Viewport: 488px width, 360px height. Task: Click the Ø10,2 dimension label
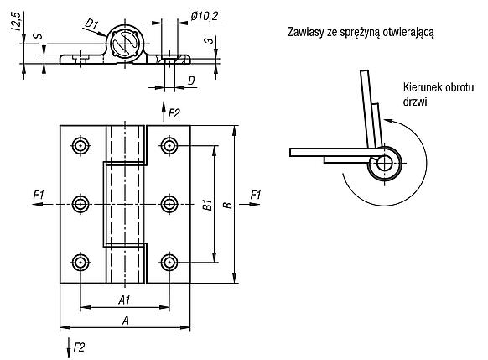205,16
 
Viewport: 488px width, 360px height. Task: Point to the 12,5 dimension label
16,21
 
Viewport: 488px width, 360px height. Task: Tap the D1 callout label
91,24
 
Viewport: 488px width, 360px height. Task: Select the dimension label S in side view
39,36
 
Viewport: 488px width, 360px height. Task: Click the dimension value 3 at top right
210,40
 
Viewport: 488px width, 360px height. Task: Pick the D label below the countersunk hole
191,81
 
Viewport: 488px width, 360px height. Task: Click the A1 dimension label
124,300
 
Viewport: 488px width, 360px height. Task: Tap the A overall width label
126,320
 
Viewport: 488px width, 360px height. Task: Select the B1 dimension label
208,205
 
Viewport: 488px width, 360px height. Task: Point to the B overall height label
228,206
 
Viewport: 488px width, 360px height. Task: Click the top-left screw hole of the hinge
81,145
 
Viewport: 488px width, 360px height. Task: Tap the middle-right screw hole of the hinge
169,204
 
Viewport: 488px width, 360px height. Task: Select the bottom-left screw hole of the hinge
81,263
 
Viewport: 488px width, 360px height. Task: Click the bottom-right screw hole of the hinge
169,263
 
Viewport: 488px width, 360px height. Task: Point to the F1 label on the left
39,196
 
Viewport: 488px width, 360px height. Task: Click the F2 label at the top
174,113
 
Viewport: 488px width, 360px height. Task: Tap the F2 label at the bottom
79,347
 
